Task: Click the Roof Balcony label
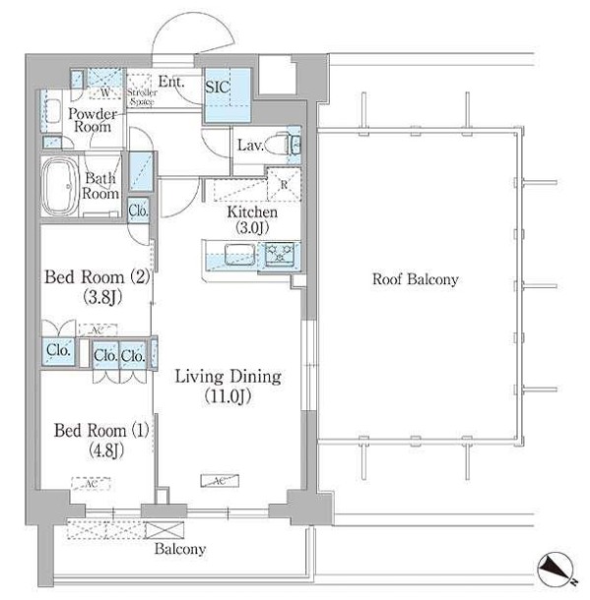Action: click(415, 280)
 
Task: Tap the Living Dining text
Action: click(228, 377)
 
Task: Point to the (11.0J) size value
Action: click(228, 396)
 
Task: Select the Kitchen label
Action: click(252, 212)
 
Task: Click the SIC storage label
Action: click(218, 87)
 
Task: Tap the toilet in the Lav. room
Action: click(291, 145)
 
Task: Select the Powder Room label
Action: click(94, 121)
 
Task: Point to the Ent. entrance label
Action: click(171, 83)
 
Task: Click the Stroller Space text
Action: click(141, 96)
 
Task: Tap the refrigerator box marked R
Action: click(284, 184)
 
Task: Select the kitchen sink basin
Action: click(237, 256)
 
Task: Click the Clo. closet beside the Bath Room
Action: click(138, 209)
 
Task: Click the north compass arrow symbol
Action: click(554, 570)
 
